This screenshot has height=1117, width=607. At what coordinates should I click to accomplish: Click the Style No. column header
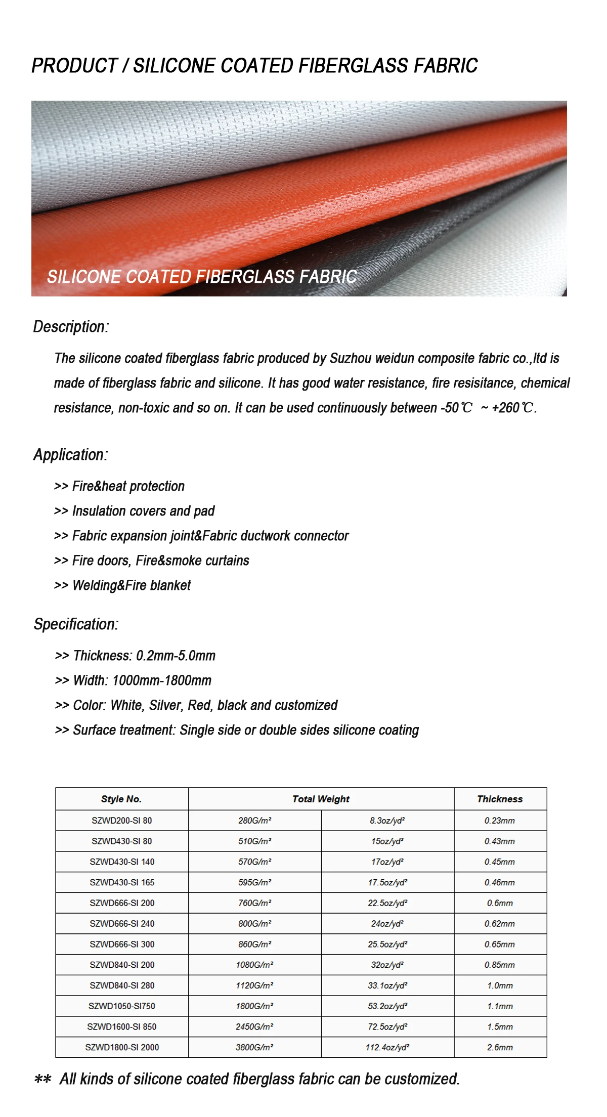tap(121, 799)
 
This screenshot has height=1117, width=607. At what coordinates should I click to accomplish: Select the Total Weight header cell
tap(321, 799)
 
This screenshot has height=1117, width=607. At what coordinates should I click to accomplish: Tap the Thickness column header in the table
tap(500, 799)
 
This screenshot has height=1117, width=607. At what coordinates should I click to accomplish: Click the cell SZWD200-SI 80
tap(121, 821)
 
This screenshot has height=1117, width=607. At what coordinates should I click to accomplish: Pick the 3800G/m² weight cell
tap(254, 1047)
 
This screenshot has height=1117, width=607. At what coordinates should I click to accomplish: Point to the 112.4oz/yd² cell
tap(387, 1047)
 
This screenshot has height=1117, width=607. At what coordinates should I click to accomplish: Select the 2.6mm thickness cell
tap(500, 1047)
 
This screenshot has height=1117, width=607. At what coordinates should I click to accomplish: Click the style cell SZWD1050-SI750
tap(121, 1006)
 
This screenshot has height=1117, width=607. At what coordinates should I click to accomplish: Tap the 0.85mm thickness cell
tap(500, 965)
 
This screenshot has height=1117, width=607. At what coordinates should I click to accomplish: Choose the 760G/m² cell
tap(254, 903)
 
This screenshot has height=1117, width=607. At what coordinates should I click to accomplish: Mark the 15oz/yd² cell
tap(387, 841)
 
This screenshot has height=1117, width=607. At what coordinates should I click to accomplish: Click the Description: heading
tap(71, 327)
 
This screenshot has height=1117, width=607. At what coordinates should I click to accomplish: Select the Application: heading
tap(70, 455)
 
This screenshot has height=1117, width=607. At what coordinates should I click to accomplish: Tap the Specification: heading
tap(76, 624)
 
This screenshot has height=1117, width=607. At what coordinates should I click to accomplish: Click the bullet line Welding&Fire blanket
tap(122, 585)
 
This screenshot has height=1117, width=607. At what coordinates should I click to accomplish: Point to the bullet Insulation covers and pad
tap(134, 511)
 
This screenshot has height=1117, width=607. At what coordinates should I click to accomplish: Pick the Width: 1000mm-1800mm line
tap(133, 680)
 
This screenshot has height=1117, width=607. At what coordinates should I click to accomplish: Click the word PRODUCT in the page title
tap(74, 66)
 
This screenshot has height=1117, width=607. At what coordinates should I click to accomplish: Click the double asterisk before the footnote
tap(42, 1080)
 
